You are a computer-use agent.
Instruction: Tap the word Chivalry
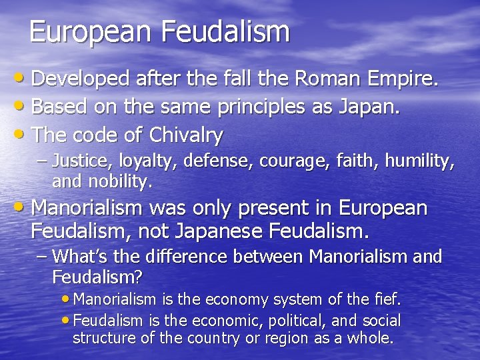click(186, 135)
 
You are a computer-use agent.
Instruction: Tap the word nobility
click(121, 180)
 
